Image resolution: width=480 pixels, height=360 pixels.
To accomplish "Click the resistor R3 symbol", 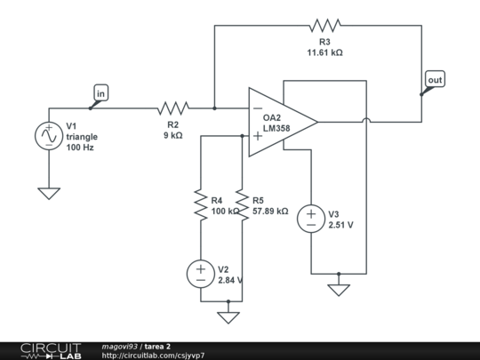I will [324, 26].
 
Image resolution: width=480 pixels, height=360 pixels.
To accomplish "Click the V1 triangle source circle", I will [47, 136].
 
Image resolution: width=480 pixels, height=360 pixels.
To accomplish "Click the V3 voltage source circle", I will [311, 219].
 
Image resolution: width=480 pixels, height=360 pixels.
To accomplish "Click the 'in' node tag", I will [100, 92].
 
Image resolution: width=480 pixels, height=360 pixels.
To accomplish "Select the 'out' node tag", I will [435, 81].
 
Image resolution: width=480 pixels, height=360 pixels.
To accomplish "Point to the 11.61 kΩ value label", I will [324, 52].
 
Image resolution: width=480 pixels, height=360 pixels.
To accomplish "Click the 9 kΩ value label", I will [172, 136].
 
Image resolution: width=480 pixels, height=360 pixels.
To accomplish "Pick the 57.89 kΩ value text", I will [270, 212].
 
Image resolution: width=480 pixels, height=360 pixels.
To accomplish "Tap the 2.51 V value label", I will [341, 226].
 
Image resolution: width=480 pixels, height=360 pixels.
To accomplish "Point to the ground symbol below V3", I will [339, 288].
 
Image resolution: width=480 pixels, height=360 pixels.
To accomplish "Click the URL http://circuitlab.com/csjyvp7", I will [153, 355].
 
